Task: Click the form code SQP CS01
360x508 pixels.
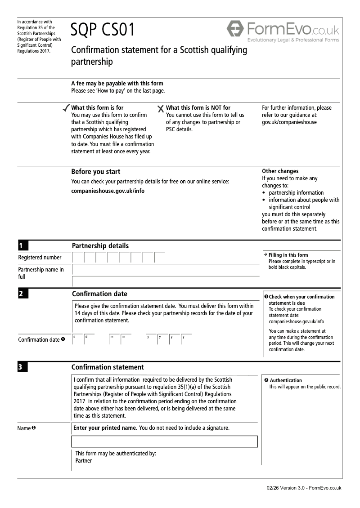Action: [x=103, y=30]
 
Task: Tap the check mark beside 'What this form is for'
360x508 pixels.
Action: [x=66, y=108]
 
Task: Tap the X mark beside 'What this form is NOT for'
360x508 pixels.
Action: [x=161, y=108]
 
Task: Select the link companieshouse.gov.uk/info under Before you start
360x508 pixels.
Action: [x=108, y=191]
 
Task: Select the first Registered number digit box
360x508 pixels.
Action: [x=77, y=258]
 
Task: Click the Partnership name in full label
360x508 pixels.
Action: [x=41, y=273]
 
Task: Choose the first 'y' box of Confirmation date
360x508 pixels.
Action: [x=151, y=339]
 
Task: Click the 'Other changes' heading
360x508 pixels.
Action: [x=280, y=171]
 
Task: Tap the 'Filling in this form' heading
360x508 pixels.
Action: [x=288, y=255]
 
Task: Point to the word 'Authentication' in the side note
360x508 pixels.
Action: [x=286, y=380]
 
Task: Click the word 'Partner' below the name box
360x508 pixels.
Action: [x=84, y=461]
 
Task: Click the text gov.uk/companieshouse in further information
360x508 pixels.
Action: [x=289, y=122]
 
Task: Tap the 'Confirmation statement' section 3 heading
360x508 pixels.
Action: [x=108, y=367]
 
